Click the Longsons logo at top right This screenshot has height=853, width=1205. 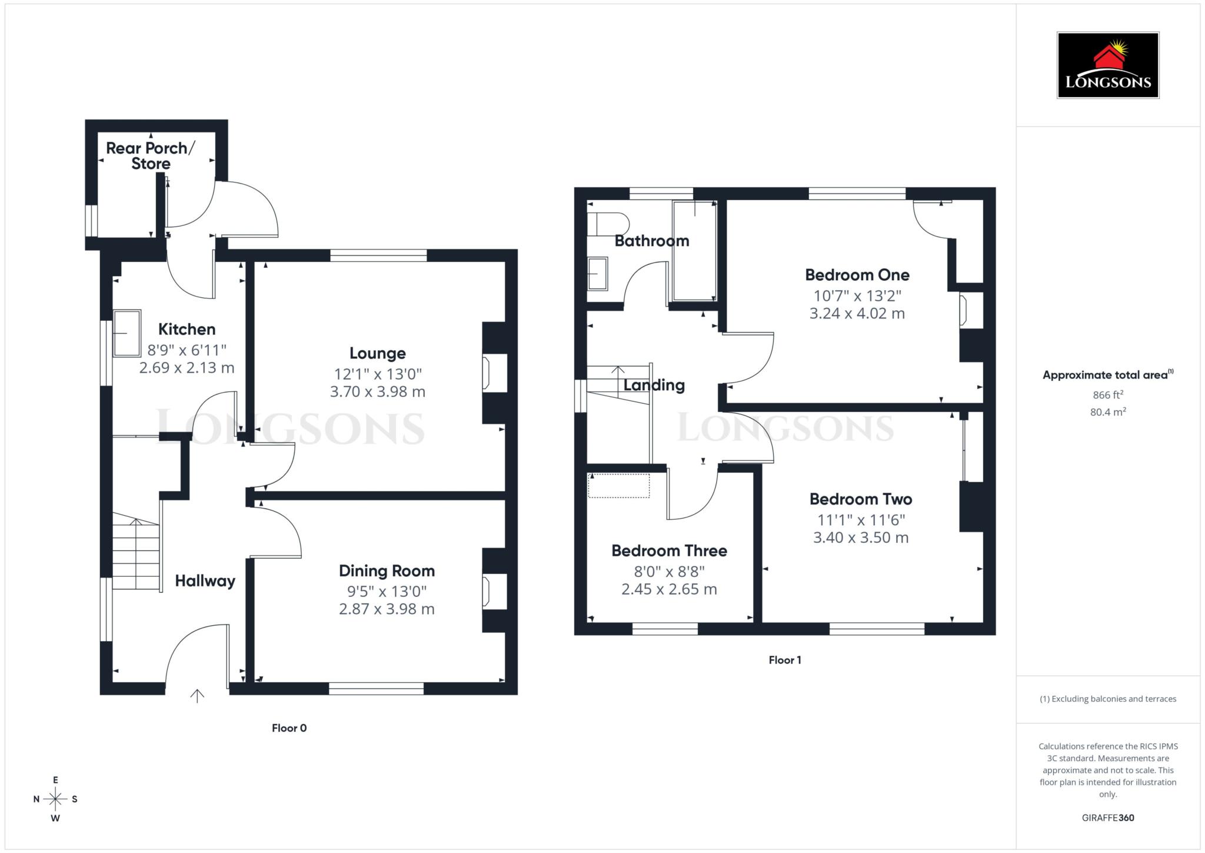coord(1107,65)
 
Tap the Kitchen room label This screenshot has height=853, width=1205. coord(187,329)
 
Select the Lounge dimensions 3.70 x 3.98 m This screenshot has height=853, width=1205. coord(377,391)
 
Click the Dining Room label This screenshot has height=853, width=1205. coord(387,570)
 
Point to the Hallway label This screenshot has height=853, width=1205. coord(205,581)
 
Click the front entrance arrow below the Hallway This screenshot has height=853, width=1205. coord(197,696)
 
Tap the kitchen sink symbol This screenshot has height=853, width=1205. coord(127,333)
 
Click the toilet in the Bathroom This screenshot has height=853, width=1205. coord(607,224)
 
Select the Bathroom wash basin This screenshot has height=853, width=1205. coord(597,274)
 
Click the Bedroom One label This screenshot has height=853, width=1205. coord(857,275)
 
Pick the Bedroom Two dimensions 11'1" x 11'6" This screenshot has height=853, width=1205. coord(860,520)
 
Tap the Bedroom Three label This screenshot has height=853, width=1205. coord(669,551)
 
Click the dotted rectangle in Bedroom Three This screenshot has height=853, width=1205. coord(618,486)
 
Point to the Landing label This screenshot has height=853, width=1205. coord(654,386)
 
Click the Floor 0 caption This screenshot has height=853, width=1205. coord(289,728)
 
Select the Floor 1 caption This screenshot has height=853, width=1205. coord(784,660)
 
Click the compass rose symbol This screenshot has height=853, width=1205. coord(55,799)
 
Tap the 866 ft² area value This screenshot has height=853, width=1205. coord(1107,395)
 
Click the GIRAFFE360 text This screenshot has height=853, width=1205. coord(1107,818)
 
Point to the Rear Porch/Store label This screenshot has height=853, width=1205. coord(150,156)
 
